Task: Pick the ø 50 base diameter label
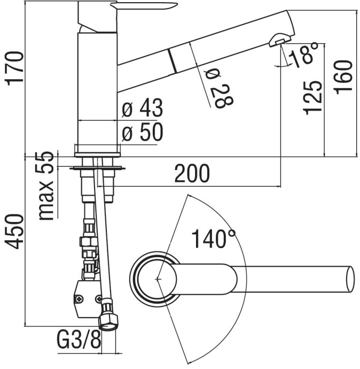click(x=142, y=133)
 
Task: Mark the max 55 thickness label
click(x=49, y=186)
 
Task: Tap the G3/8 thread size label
click(x=78, y=339)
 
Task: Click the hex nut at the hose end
click(x=109, y=319)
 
